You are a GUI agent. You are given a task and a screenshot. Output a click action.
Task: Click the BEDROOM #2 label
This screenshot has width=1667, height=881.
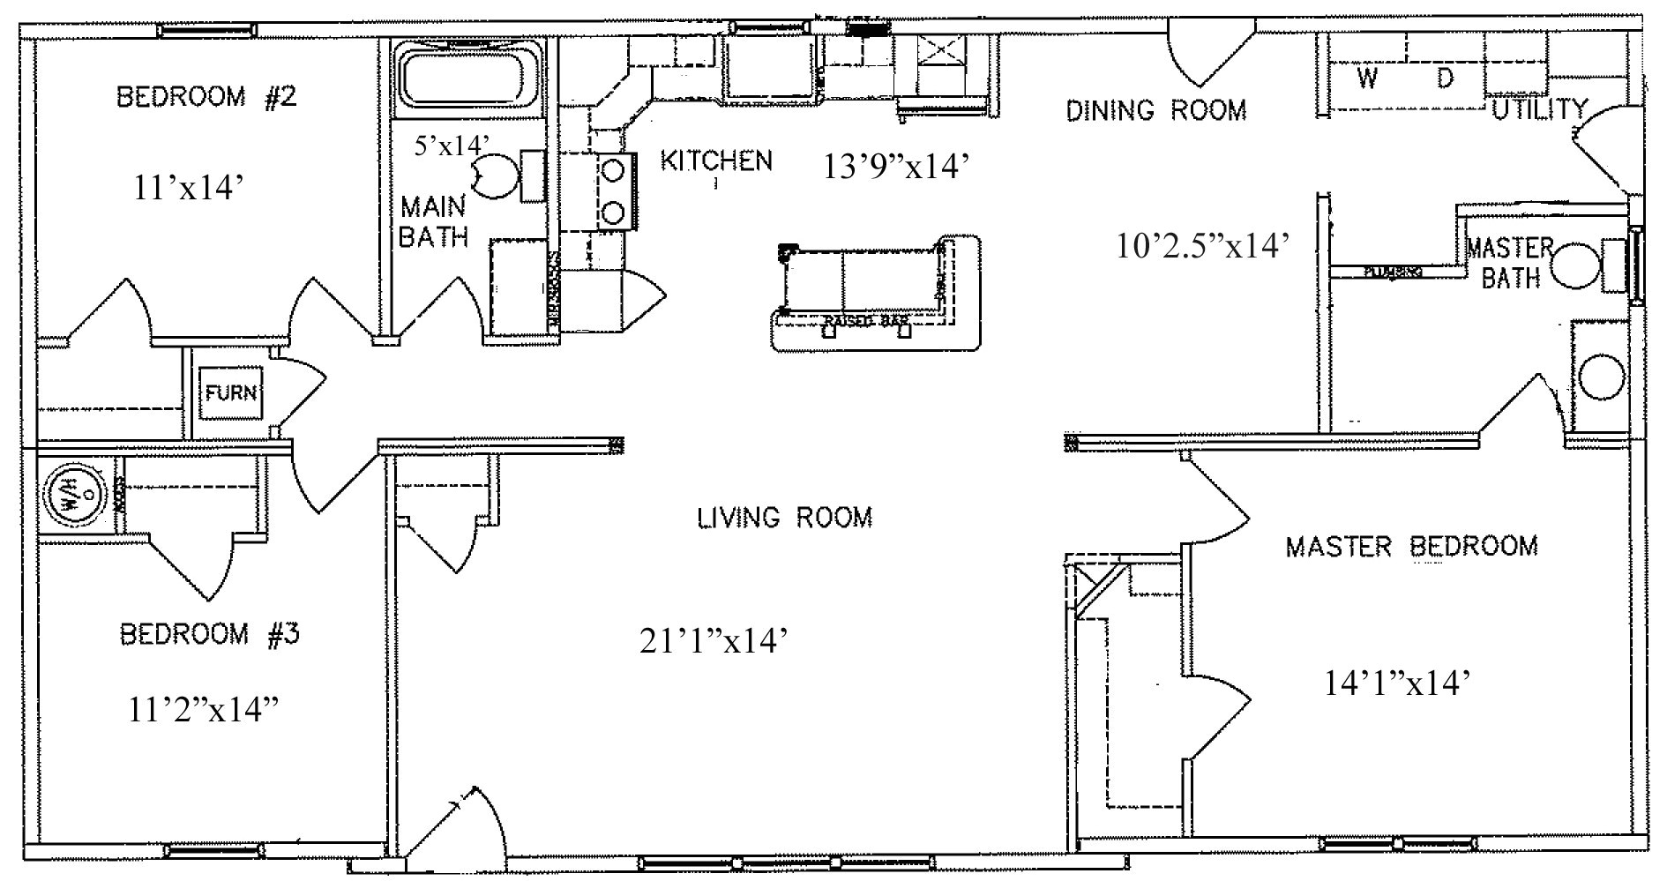[206, 96]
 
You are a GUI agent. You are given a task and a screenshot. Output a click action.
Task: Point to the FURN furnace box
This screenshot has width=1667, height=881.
[231, 392]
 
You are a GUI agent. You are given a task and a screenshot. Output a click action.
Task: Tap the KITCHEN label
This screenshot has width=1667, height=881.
[716, 161]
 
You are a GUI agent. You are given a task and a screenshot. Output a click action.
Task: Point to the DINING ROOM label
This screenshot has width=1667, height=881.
[1156, 110]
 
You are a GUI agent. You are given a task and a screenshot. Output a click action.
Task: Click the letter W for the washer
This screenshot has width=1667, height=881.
[1367, 78]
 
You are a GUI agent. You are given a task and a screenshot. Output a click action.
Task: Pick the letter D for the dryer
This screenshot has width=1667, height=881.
[1444, 78]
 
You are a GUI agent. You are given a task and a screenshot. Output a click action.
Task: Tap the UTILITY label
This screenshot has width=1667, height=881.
[1539, 109]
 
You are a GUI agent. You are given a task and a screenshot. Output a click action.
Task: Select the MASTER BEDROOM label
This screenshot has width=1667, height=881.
[1411, 546]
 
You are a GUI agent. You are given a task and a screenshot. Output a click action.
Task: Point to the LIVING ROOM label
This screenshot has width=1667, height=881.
[785, 517]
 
